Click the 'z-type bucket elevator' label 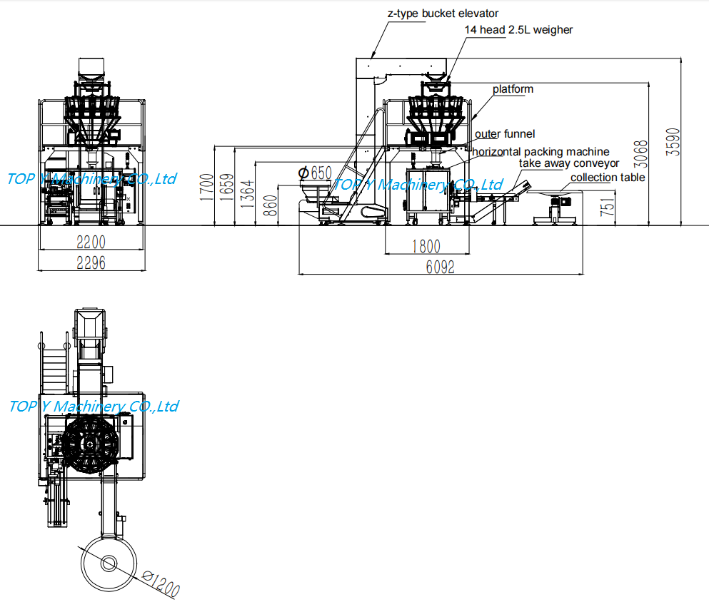point(443,14)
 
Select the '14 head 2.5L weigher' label point(518,30)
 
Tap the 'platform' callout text point(513,89)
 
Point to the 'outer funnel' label point(505,133)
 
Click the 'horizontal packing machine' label point(540,151)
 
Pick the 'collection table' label point(608,178)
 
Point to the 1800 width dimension point(426,247)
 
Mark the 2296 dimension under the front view point(91,263)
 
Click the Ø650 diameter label point(315,173)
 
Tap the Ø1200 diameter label point(160,583)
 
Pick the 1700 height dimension point(206,187)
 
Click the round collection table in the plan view point(109,563)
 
